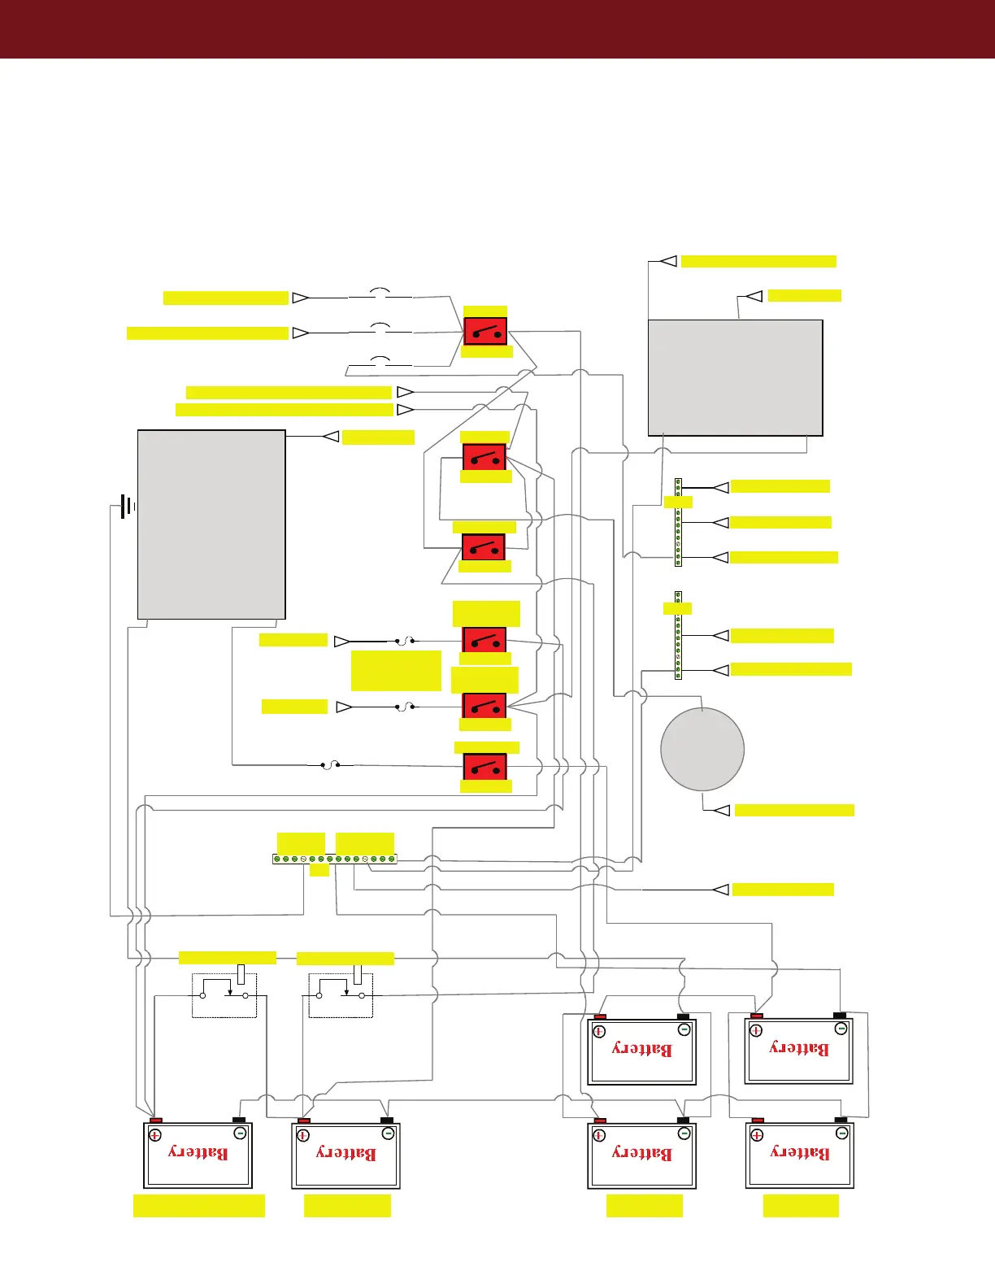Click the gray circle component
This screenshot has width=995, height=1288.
tap(702, 749)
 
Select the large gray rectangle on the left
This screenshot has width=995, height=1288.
tap(211, 524)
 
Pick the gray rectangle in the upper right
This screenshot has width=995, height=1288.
tap(735, 377)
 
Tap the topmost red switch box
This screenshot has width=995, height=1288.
tap(485, 332)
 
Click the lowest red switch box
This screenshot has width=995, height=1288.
tap(485, 767)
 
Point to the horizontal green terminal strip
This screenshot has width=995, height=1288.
tap(335, 859)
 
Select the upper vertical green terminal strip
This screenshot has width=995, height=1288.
tap(678, 522)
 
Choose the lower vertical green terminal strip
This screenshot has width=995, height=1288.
tap(678, 635)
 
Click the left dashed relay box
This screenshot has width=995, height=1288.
tap(224, 994)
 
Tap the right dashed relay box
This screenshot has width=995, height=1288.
tap(341, 994)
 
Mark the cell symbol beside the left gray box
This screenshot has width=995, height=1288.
tap(124, 507)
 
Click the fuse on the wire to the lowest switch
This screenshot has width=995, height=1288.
tap(330, 764)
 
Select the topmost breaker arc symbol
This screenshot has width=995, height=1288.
tap(380, 292)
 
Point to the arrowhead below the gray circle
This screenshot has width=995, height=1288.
tap(721, 810)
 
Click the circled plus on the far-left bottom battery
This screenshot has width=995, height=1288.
tap(155, 1135)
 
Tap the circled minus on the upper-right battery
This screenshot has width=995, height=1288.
tap(841, 1029)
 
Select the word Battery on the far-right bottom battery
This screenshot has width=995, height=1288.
tap(800, 1152)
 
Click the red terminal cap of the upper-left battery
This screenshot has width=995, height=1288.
tap(600, 1016)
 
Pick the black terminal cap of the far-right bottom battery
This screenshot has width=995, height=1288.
tap(841, 1120)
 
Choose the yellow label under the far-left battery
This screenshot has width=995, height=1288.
tap(199, 1205)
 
